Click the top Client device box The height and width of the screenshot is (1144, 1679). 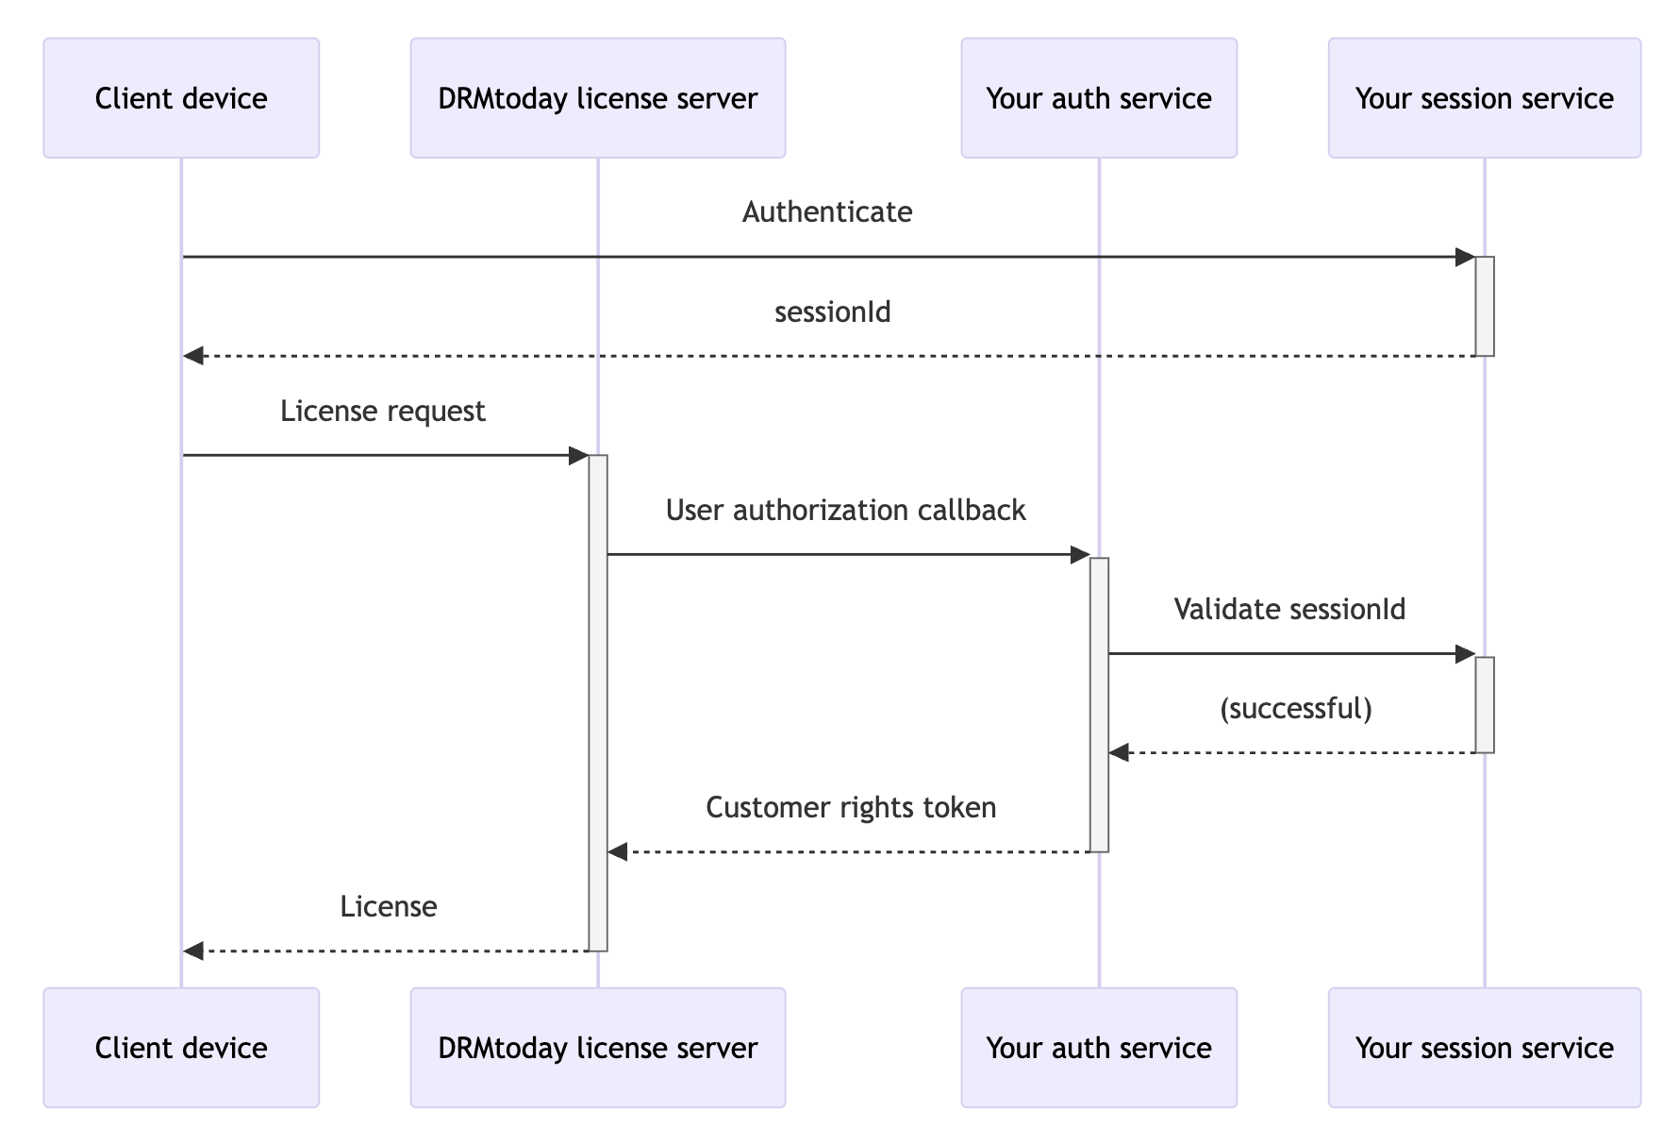(181, 98)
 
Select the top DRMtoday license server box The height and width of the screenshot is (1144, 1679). (597, 98)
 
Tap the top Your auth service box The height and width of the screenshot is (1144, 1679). (1099, 98)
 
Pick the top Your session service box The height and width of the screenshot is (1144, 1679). (1484, 98)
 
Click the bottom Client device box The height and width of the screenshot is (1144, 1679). (181, 1048)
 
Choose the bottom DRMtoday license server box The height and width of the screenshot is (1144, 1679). (597, 1048)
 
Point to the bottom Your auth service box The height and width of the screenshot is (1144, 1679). (1099, 1048)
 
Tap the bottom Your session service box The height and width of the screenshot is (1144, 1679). (1484, 1048)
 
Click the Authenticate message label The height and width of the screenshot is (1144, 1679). (827, 212)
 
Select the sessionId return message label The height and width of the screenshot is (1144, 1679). (832, 312)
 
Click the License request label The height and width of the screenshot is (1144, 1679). (382, 412)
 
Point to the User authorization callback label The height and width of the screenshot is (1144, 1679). (845, 511)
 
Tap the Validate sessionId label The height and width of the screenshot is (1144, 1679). (1289, 610)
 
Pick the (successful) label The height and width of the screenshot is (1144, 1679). (1295, 709)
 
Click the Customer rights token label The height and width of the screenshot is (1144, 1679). (851, 808)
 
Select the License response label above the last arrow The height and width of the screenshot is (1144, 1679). (388, 907)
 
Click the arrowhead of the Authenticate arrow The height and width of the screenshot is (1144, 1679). (1466, 257)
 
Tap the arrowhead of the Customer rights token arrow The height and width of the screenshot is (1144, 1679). (618, 852)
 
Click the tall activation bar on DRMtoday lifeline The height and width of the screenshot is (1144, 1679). (598, 703)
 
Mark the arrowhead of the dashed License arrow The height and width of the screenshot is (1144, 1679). (193, 951)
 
